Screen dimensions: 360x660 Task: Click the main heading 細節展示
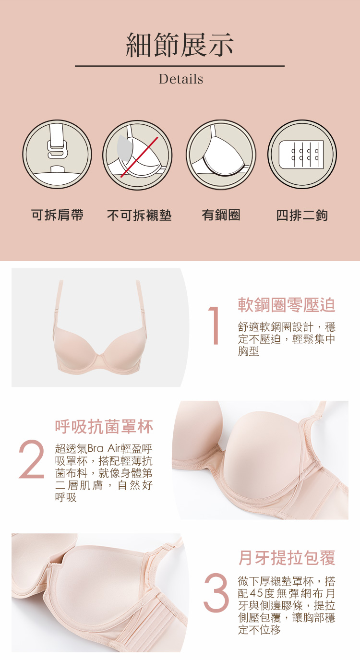pos(180,45)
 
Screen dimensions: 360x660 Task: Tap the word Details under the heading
pos(181,79)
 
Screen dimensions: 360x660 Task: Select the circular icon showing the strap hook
pos(57,154)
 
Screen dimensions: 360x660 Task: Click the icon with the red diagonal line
pos(137,155)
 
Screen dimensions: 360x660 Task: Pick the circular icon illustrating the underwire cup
pos(221,154)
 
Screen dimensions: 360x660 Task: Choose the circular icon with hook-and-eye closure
pos(302,154)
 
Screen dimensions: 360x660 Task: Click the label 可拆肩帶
pos(58,215)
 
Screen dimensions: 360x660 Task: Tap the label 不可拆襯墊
pos(139,215)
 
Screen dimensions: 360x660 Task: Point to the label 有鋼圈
pos(221,215)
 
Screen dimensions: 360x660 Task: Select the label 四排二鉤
pos(302,215)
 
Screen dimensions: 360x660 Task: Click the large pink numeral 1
pos(215,325)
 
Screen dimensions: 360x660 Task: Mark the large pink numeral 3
pos(216,592)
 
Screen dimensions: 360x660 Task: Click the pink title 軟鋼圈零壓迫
pos(287,305)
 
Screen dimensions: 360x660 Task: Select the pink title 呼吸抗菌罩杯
pos(104,427)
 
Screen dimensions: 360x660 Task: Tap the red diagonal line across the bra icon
pos(139,157)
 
